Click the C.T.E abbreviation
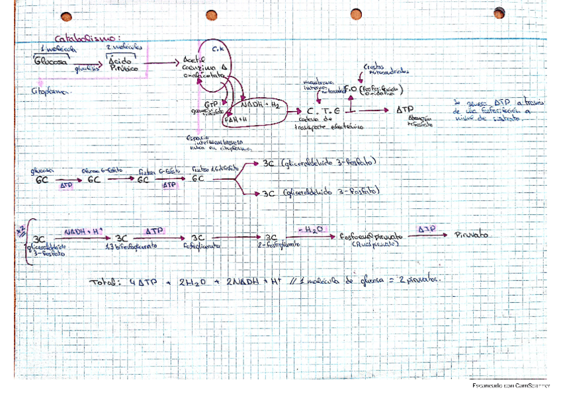[x=323, y=111]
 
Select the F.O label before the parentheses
[x=351, y=88]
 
